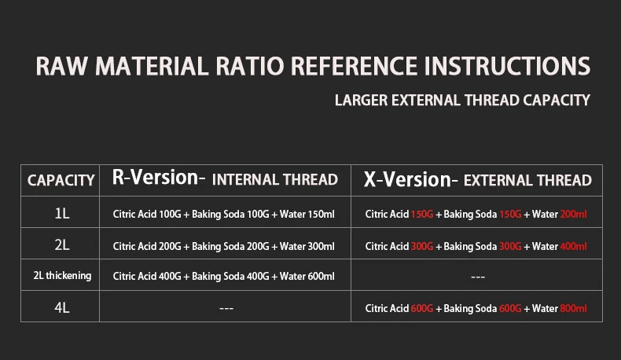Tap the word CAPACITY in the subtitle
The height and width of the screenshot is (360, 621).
(557, 100)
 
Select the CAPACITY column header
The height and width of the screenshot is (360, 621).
(61, 181)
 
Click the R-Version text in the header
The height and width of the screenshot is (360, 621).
(156, 177)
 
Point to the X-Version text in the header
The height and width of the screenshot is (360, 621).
(407, 179)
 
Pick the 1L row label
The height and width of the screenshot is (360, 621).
(62, 214)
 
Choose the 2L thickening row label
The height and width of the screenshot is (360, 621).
(62, 276)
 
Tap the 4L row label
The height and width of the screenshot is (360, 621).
(62, 307)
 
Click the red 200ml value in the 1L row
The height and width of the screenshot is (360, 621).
(574, 215)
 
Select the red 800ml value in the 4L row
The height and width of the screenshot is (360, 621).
(574, 308)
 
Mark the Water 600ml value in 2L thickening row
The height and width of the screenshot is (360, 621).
(307, 276)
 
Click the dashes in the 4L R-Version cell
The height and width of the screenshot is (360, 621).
(226, 308)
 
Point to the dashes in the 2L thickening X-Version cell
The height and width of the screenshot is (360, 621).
(478, 277)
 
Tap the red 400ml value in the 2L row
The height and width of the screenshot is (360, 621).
(574, 246)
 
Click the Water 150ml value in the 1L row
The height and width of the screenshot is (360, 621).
(307, 215)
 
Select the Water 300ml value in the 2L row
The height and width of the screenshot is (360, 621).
(307, 246)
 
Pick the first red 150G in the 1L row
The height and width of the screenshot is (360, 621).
(422, 215)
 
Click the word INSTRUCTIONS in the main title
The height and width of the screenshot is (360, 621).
(507, 66)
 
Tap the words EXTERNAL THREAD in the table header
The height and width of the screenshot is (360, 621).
(527, 181)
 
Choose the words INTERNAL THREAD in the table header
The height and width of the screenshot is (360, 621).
(275, 180)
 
